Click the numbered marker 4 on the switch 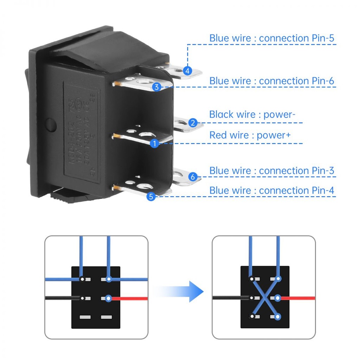(x=188, y=71)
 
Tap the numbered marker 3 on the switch (x=157, y=86)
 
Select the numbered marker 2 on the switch (x=193, y=123)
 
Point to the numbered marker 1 (x=154, y=143)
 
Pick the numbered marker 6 (x=192, y=177)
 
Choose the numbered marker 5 (x=151, y=197)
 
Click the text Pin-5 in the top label (x=323, y=38)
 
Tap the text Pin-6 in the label (x=323, y=81)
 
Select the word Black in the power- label (x=221, y=114)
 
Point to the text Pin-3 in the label (x=323, y=171)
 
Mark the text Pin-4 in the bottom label (x=323, y=191)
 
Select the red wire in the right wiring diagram (x=297, y=298)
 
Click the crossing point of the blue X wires (x=265, y=298)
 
